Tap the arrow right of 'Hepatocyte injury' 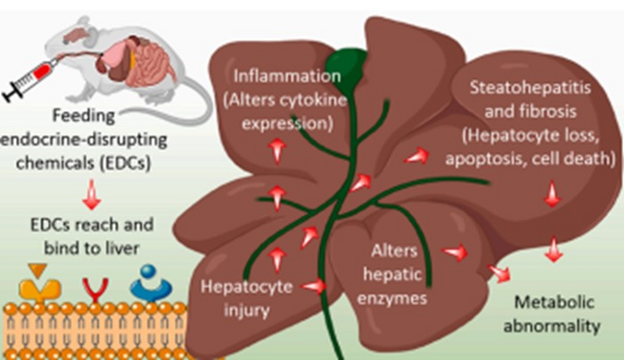[x=315, y=286]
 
